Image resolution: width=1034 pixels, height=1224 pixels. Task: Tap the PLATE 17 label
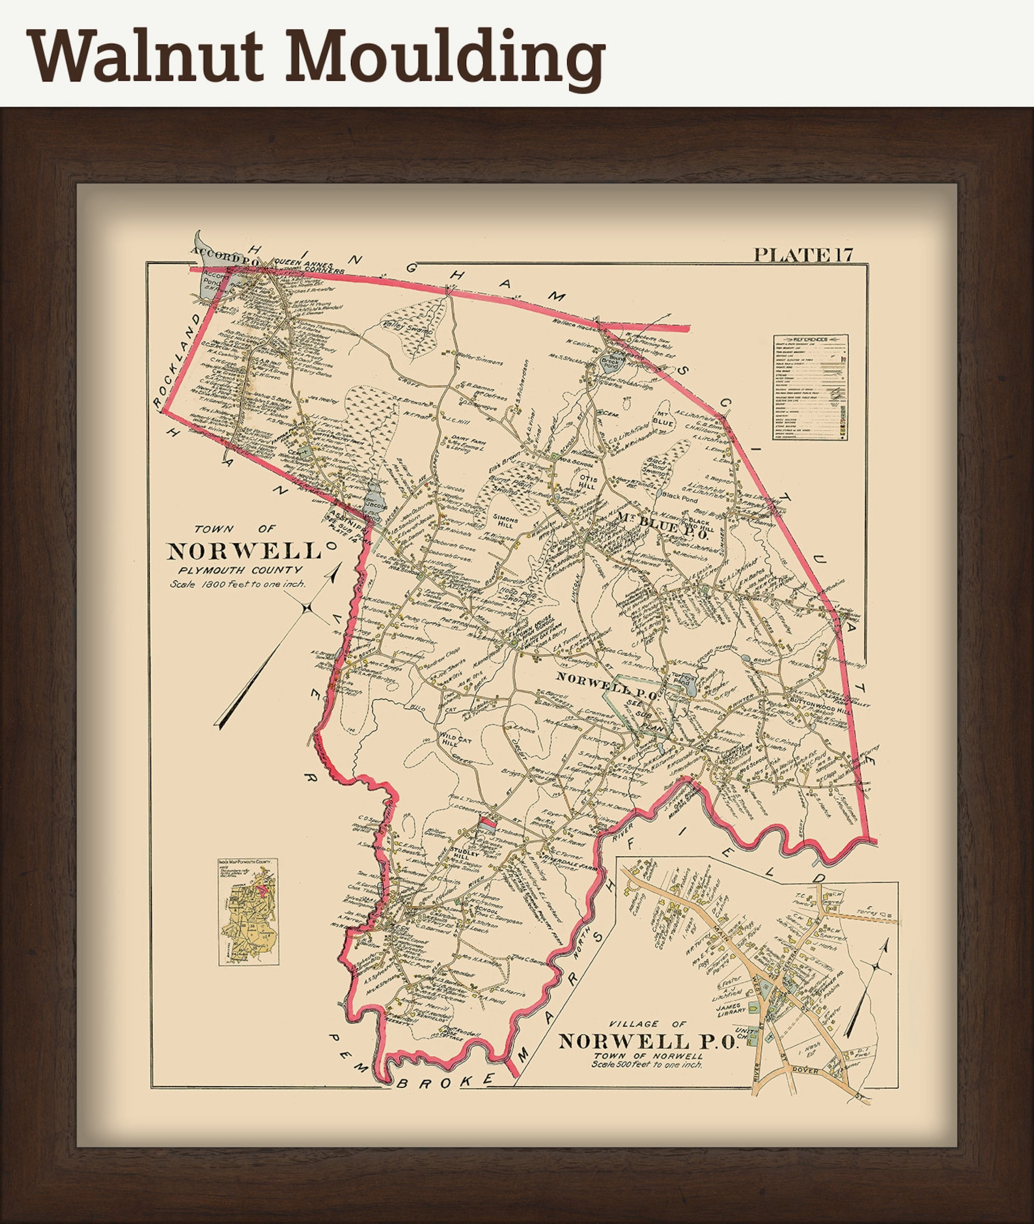tap(803, 255)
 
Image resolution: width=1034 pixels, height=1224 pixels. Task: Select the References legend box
tap(811, 387)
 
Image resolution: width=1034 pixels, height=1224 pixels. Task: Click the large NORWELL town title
tap(245, 551)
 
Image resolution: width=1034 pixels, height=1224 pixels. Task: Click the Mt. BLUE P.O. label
tap(662, 519)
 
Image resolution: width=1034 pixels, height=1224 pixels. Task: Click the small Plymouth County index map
tap(249, 912)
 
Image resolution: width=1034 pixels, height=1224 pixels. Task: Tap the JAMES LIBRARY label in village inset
tap(730, 1010)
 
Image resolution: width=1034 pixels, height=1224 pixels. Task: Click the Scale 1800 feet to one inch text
tap(238, 584)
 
